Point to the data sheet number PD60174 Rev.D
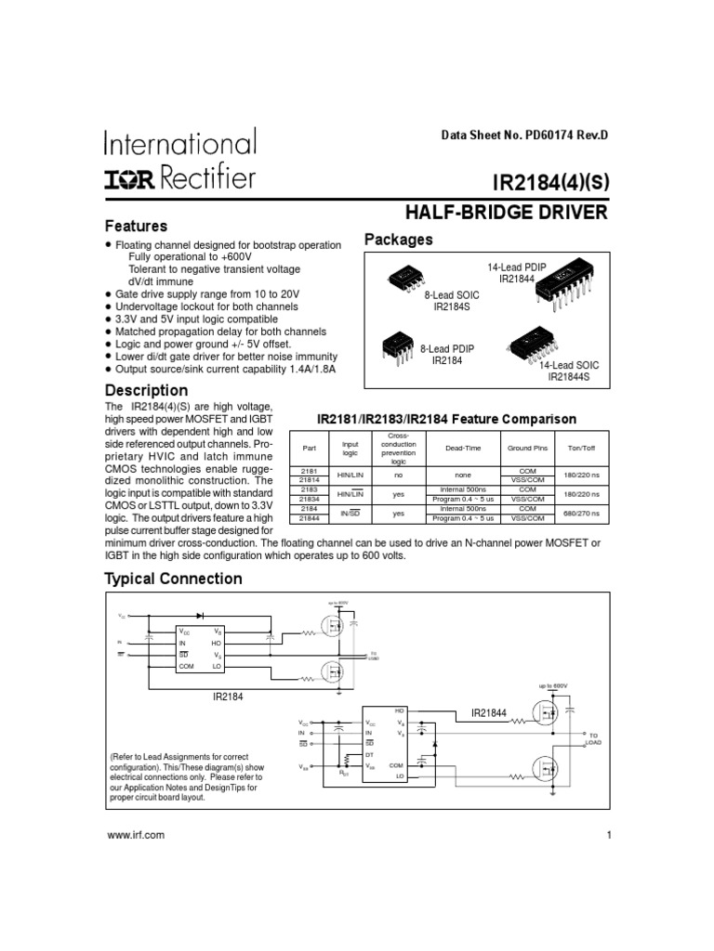click(525, 136)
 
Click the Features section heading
click(136, 227)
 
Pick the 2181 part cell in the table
click(310, 472)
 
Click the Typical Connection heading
click(173, 580)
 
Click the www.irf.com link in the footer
click(136, 835)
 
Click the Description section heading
click(146, 390)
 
